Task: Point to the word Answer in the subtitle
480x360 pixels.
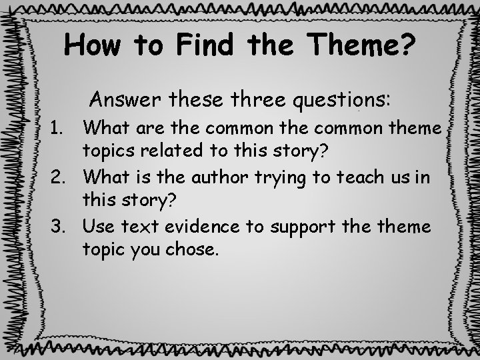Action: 127,101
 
